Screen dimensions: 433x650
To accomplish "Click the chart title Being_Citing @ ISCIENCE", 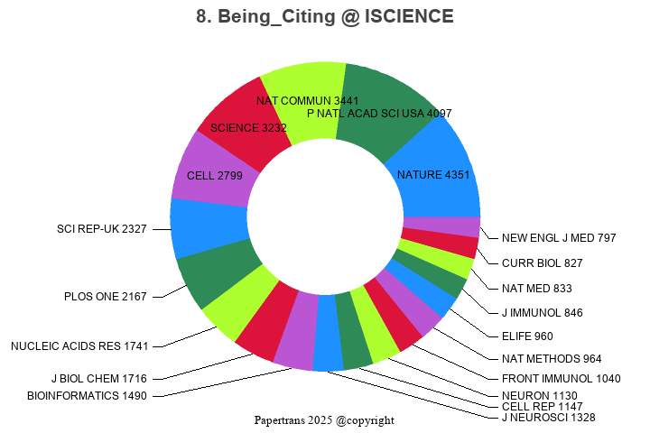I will (x=325, y=16).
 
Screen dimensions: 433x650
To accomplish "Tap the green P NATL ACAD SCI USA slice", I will (x=384, y=104).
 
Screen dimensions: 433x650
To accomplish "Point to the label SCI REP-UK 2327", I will (x=101, y=229).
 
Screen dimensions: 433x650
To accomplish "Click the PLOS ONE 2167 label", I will (x=105, y=296).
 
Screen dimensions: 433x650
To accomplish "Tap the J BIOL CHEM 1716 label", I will (x=98, y=378).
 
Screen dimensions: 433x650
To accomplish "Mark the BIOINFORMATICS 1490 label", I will (x=86, y=395).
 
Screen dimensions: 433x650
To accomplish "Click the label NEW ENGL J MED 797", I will (x=559, y=238).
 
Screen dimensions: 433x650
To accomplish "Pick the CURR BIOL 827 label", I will (x=542, y=263).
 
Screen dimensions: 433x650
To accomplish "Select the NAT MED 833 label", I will (x=536, y=289).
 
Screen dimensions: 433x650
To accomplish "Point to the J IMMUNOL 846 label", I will (x=542, y=313).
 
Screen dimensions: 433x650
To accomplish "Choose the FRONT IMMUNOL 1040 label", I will (x=561, y=379).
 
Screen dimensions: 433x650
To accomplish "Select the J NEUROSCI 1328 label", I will (x=548, y=417).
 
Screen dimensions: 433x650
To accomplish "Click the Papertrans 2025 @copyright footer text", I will (x=324, y=420).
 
